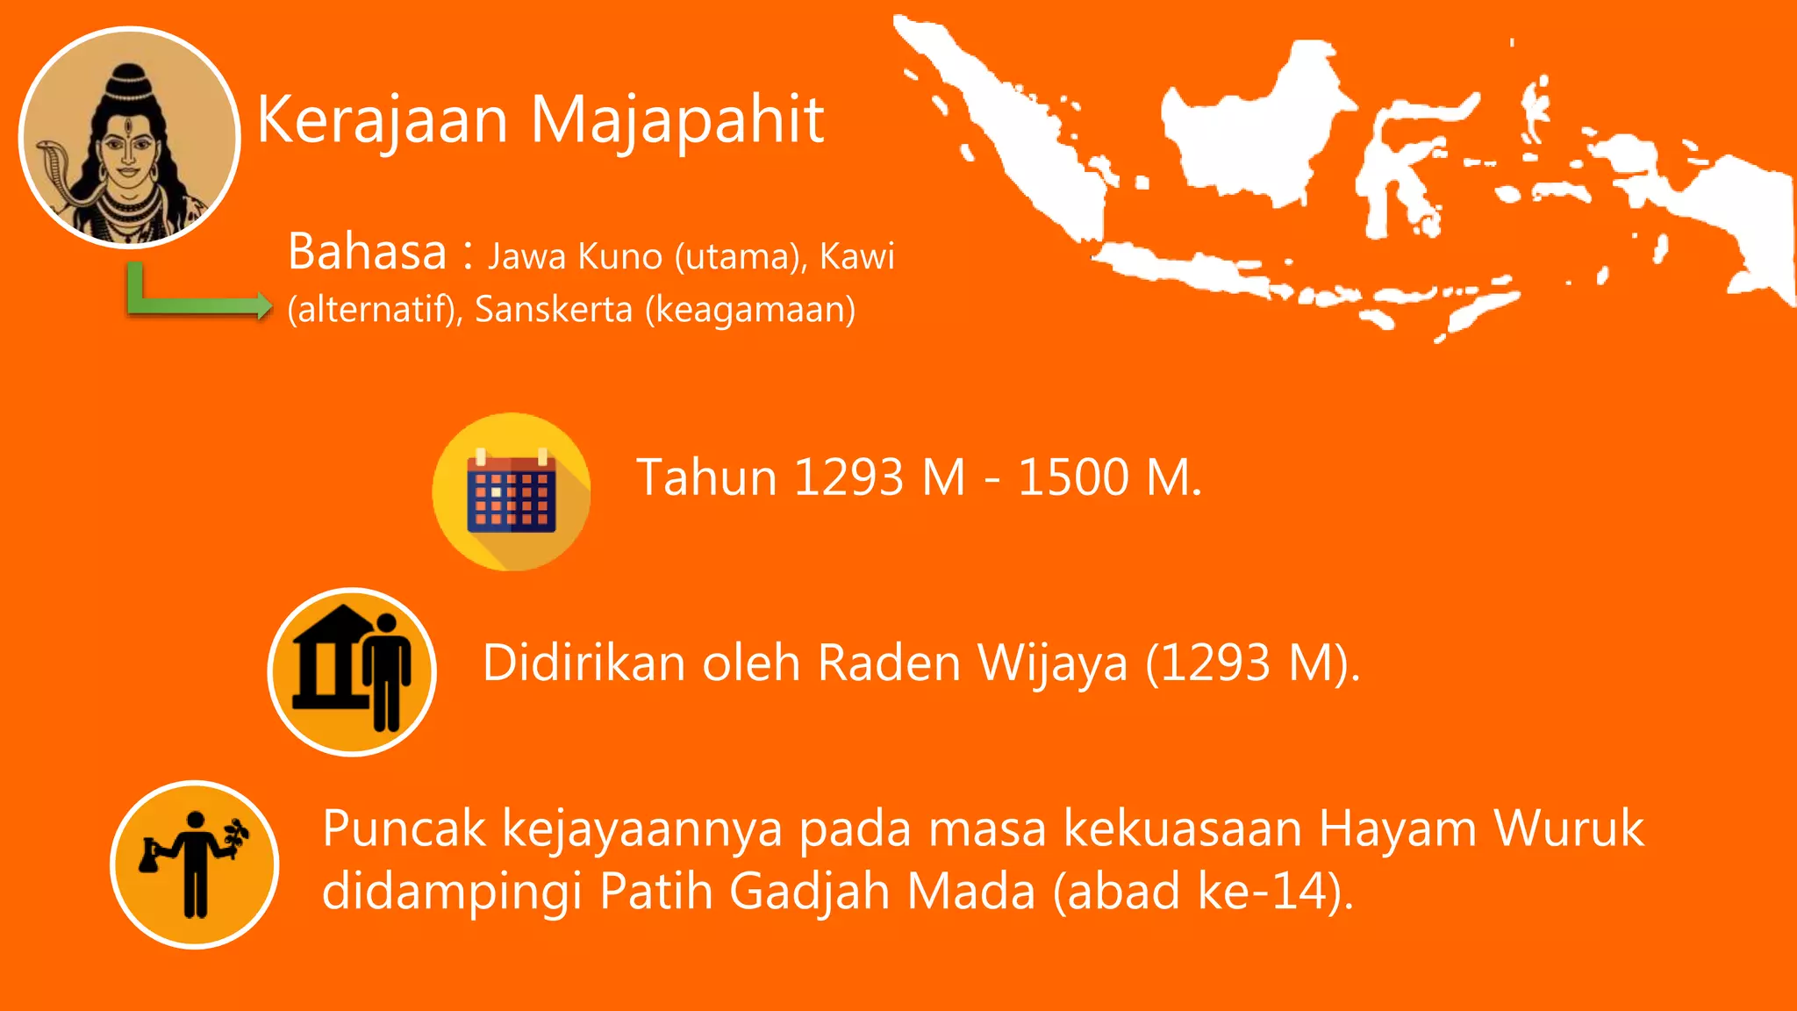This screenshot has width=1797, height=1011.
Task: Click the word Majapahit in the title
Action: click(x=677, y=120)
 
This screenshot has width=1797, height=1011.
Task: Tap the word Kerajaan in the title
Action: click(x=383, y=120)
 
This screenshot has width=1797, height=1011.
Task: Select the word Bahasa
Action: click(x=367, y=252)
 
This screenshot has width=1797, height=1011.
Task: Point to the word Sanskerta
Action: click(x=553, y=309)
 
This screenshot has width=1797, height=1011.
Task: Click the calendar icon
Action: click(x=512, y=492)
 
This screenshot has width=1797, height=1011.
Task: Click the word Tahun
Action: click(x=706, y=478)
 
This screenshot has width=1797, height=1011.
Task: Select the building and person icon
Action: click(x=352, y=671)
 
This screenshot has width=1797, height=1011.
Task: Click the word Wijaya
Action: click(x=1052, y=663)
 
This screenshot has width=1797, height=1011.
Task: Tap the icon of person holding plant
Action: click(x=195, y=864)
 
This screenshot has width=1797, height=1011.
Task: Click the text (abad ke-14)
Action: click(x=1203, y=892)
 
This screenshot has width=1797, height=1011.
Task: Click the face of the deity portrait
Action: click(x=127, y=149)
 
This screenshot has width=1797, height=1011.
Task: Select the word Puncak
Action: click(x=404, y=829)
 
